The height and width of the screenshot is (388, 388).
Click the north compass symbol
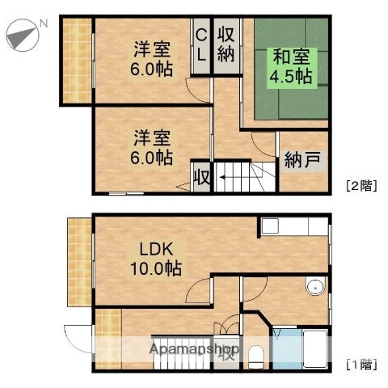[x=22, y=35]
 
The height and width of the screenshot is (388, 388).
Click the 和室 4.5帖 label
[x=292, y=66]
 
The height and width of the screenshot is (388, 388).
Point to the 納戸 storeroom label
[x=302, y=161]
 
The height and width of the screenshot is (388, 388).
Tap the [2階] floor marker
[x=359, y=184]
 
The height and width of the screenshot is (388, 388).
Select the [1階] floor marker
[x=359, y=363]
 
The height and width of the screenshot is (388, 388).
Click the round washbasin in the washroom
[x=314, y=289]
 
